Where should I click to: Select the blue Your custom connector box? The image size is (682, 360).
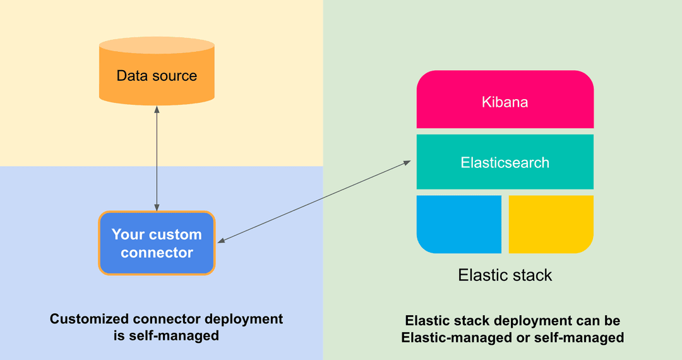(x=157, y=243)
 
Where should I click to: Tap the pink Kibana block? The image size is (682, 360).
(x=505, y=101)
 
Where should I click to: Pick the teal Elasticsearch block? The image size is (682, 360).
(x=505, y=162)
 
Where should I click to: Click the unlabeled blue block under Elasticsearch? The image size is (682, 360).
(x=459, y=224)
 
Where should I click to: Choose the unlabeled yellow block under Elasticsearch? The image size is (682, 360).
(x=551, y=224)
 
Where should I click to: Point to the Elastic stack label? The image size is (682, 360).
(x=505, y=275)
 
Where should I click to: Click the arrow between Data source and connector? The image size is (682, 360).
(x=157, y=158)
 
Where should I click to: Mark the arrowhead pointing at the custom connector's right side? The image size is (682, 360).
(x=220, y=241)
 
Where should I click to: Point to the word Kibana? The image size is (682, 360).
(x=505, y=102)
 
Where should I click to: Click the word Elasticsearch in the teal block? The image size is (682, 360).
(x=505, y=162)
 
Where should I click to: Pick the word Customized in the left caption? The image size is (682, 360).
(x=87, y=319)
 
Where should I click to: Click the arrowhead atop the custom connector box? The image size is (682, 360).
(x=157, y=208)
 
